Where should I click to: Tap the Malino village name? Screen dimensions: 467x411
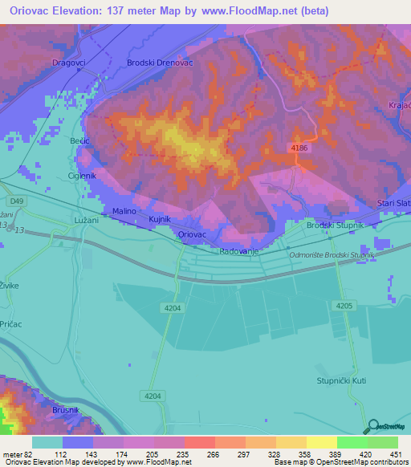click(x=124, y=211)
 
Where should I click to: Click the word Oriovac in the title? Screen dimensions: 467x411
click(x=36, y=11)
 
